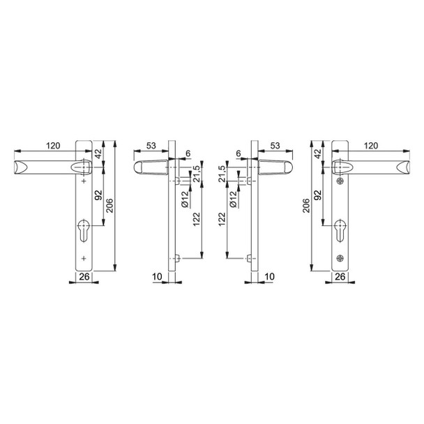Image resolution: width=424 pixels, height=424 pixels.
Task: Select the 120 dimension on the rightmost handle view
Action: pos(372,146)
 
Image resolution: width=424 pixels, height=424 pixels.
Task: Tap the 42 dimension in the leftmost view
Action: pos(98,153)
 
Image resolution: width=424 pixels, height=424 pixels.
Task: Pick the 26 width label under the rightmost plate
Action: pos(340,278)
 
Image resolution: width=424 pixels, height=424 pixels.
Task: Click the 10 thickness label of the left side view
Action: pos(158,278)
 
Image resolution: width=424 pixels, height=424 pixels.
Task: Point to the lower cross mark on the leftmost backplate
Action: pos(84,259)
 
